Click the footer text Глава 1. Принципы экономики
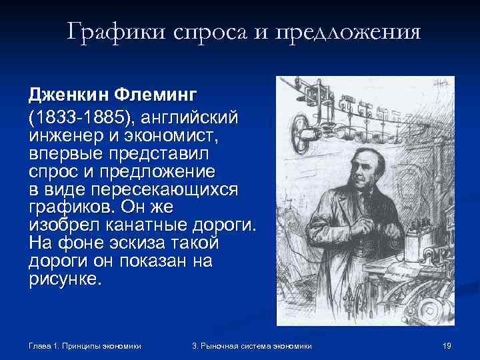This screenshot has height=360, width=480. [85, 346]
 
